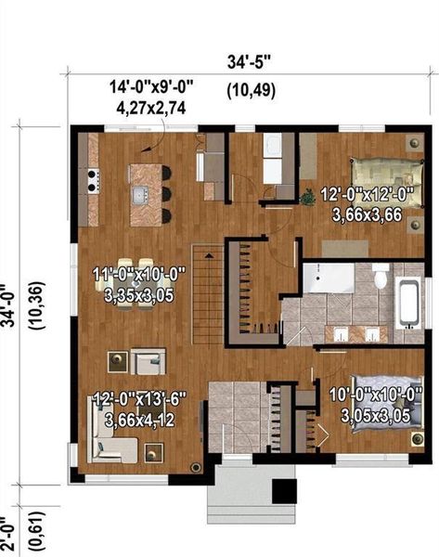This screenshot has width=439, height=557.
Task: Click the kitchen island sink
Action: click(141, 195)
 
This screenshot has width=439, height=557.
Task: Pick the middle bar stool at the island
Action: click(167, 194)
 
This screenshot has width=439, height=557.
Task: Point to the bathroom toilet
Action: click(381, 278)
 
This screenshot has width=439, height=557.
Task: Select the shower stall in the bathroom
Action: click(321, 278)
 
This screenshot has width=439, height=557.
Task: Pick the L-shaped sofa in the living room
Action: click(111, 440)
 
